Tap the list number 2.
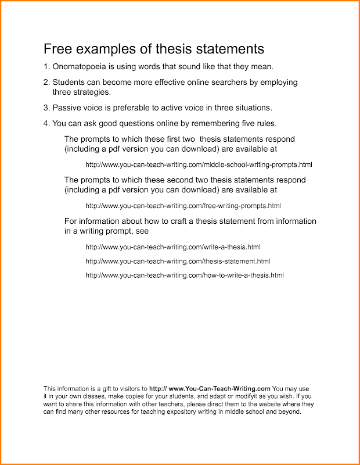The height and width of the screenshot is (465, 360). point(46,83)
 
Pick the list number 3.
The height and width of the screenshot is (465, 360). point(46,108)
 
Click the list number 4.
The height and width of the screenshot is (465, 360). point(46,123)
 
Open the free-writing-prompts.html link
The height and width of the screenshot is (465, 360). point(183,206)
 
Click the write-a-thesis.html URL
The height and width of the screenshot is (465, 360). point(172,247)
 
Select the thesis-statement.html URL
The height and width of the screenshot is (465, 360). point(178,261)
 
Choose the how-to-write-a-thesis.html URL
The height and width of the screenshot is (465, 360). point(185,275)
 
